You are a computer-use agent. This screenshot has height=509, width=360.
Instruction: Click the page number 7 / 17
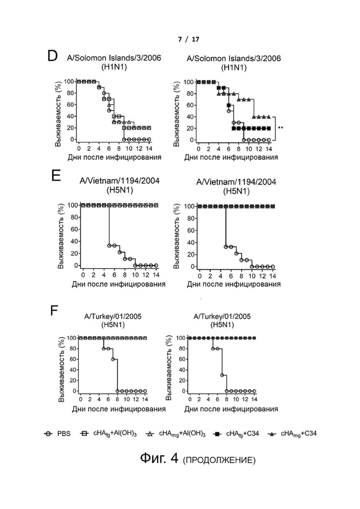pyautogui.click(x=189, y=39)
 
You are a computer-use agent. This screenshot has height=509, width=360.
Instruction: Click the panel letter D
pyautogui.click(x=53, y=56)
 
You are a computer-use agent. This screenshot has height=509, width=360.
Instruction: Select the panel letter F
pyautogui.click(x=54, y=311)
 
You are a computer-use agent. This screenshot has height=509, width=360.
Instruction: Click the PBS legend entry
pyautogui.click(x=57, y=434)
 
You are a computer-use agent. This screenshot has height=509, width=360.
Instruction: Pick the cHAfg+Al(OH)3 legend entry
pyautogui.click(x=108, y=434)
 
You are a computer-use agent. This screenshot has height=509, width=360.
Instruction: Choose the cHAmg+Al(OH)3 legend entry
pyautogui.click(x=175, y=434)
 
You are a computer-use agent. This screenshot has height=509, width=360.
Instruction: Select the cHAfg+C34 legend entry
pyautogui.click(x=237, y=434)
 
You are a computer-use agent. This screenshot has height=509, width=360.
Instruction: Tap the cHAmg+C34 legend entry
pyautogui.click(x=292, y=434)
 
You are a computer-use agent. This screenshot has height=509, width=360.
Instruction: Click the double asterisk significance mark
pyautogui.click(x=281, y=128)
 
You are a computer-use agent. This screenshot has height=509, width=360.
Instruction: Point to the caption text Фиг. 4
pyautogui.click(x=159, y=458)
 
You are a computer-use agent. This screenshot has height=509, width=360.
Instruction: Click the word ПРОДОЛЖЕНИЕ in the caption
pyautogui.click(x=219, y=460)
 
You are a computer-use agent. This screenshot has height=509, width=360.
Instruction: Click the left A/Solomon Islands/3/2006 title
pyautogui.click(x=114, y=58)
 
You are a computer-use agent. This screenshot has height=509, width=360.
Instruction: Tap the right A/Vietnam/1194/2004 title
pyautogui.click(x=236, y=181)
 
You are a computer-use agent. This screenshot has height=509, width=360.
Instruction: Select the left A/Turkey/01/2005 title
pyautogui.click(x=113, y=316)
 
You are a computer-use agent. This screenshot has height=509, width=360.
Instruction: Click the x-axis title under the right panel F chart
pyautogui.click(x=231, y=409)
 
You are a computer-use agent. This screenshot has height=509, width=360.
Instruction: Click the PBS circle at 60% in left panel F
pyautogui.click(x=113, y=359)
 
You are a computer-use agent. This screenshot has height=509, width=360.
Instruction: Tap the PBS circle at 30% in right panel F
pyautogui.click(x=222, y=375)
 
